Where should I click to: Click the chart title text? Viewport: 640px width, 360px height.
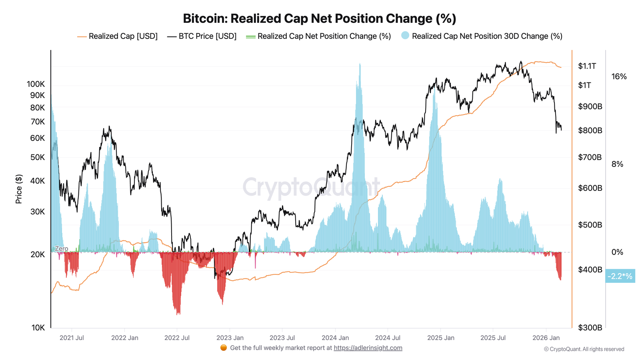[x=319, y=18]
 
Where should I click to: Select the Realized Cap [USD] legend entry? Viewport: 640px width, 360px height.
[x=118, y=36]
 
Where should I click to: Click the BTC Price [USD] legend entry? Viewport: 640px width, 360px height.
[x=202, y=36]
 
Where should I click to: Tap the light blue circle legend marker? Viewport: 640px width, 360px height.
[x=405, y=36]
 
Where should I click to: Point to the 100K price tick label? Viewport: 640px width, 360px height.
[x=36, y=84]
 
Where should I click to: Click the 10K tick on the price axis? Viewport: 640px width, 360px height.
[x=38, y=328]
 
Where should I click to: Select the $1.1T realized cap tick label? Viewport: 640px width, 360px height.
[x=587, y=66]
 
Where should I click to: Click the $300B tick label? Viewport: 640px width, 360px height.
[x=590, y=328]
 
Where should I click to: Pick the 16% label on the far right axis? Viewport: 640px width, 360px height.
[x=619, y=76]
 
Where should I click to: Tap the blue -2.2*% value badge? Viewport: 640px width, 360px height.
[x=620, y=276]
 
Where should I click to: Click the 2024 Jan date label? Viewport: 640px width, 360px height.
[x=335, y=338]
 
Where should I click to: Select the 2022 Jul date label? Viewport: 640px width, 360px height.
[x=177, y=338]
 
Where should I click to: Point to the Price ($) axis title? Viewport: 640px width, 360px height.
[x=19, y=189]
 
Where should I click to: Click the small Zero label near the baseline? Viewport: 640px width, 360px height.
[x=61, y=248]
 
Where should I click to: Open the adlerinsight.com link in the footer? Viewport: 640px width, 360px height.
[x=368, y=348]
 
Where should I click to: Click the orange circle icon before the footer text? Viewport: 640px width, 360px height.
[x=224, y=348]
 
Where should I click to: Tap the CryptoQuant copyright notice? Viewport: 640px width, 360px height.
[x=584, y=349]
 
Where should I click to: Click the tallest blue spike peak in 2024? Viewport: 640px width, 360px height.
[x=360, y=64]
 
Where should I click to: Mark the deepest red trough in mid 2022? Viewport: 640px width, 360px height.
[x=178, y=314]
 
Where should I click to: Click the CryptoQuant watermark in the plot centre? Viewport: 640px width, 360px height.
[x=311, y=187]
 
